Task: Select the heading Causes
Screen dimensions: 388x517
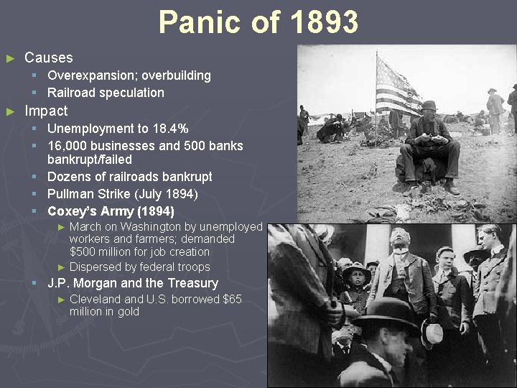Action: (48, 57)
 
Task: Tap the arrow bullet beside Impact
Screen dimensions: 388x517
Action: (10, 111)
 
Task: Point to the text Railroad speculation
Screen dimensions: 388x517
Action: (106, 93)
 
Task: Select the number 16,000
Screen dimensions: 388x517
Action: (67, 146)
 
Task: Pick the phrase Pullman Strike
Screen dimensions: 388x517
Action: (90, 194)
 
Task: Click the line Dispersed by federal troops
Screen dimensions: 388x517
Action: (140, 267)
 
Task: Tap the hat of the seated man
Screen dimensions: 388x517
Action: (429, 106)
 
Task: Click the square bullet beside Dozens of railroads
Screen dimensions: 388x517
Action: (34, 177)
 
